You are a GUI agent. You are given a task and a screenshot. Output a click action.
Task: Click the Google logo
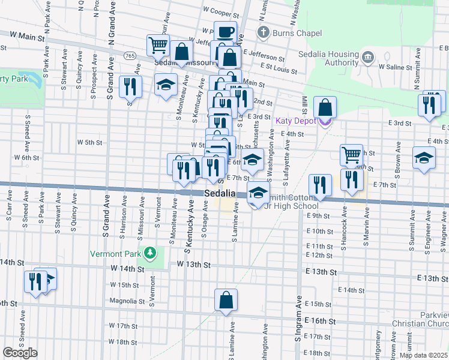click(x=20, y=353)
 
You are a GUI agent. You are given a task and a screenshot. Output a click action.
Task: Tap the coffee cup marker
click(x=226, y=32)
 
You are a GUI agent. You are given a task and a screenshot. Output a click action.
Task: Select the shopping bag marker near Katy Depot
click(x=325, y=107)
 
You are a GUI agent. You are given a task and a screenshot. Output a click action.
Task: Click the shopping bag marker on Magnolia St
click(x=226, y=300)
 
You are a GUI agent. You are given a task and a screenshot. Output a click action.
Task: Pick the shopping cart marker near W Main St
click(x=158, y=44)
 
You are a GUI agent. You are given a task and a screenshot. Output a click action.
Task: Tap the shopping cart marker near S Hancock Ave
click(x=351, y=155)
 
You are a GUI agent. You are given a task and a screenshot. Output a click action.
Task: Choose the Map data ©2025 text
click(x=424, y=355)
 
